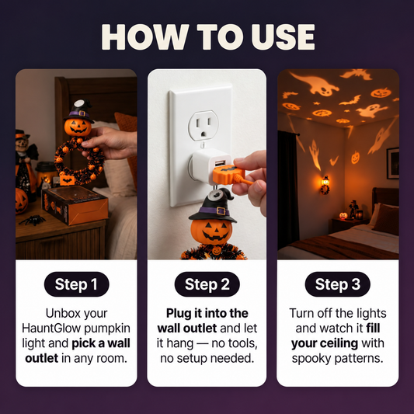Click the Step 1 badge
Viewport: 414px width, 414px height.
point(77,284)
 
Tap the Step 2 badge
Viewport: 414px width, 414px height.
point(207,284)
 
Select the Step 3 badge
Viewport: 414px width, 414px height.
point(337,284)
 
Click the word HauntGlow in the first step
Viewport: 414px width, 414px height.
point(51,329)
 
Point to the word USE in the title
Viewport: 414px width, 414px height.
point(283,37)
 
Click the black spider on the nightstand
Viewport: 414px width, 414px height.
point(33,220)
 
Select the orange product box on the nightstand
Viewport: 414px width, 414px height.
point(75,204)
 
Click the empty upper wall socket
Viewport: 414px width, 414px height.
point(203,126)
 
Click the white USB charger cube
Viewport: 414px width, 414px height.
point(211,166)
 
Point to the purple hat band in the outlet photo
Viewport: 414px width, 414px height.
point(214,211)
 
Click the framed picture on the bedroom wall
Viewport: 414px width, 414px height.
point(393,163)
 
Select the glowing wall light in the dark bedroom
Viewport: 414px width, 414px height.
point(325,185)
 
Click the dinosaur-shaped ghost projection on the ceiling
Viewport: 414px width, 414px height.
point(315,84)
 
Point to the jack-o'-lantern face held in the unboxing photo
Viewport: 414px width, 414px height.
point(78,127)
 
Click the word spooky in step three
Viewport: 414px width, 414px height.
point(307,359)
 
